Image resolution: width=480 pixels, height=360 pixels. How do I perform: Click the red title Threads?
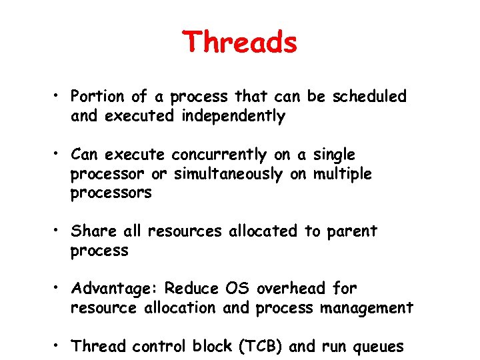[x=240, y=43]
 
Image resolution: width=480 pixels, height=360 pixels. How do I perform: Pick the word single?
[x=334, y=155]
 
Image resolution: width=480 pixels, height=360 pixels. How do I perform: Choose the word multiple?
[x=343, y=175]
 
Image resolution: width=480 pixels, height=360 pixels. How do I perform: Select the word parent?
[x=352, y=232]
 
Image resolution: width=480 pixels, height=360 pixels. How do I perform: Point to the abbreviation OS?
[x=237, y=289]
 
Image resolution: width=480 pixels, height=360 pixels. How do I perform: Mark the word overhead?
[x=291, y=289]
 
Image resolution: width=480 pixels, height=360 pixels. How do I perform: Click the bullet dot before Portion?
[x=59, y=97]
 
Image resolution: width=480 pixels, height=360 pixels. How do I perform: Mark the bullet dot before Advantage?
[x=59, y=289]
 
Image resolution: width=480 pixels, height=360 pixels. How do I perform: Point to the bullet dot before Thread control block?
[x=59, y=347]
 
